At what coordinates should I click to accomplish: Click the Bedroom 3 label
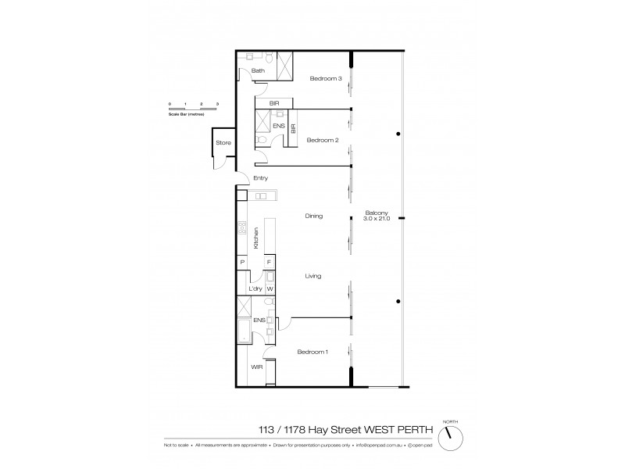326,78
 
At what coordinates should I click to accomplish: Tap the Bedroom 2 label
321,140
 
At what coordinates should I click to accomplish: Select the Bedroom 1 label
312,352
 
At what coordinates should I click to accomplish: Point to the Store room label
224,142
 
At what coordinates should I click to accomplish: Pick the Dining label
314,216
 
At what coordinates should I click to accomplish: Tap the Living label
314,276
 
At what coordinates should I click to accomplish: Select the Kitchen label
255,238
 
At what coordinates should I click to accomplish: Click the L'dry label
254,288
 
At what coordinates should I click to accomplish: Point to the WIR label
255,367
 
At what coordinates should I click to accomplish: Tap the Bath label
258,71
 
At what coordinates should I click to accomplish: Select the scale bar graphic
193,107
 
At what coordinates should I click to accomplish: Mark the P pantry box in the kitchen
243,263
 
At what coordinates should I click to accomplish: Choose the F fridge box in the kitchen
269,263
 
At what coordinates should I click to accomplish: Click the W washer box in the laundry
270,288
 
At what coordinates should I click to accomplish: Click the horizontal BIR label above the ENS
273,102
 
